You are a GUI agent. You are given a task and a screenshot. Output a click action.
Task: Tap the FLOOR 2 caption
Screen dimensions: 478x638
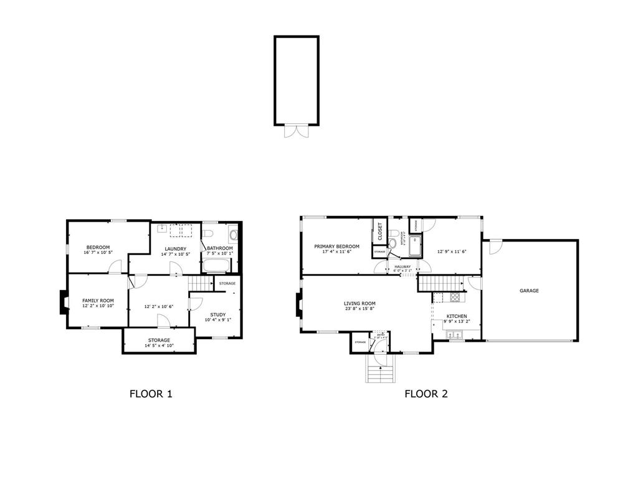[x=426, y=393]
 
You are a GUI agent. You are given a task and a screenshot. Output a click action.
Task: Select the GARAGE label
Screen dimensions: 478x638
[x=530, y=291]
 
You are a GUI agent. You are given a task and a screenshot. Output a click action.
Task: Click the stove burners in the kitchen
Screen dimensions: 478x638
[x=455, y=296]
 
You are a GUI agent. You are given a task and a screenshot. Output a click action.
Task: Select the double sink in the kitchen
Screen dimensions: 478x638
[x=454, y=335]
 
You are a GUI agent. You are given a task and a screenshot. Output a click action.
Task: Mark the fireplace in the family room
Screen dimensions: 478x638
[x=62, y=302]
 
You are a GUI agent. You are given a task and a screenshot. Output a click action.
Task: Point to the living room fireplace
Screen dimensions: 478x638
[x=297, y=306]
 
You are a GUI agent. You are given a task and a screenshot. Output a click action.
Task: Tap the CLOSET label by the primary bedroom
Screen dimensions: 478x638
[x=380, y=231]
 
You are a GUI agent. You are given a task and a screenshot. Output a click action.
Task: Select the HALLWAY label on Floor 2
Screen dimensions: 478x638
[x=402, y=266]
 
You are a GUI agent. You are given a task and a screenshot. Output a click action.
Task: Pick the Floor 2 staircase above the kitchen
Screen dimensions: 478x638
[x=439, y=284]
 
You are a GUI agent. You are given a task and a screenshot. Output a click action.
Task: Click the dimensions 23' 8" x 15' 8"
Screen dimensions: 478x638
[x=359, y=309]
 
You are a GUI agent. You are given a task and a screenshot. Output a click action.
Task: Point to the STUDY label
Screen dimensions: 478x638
[x=218, y=314]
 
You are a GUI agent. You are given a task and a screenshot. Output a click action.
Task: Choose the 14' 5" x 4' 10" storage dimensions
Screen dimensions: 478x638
[x=159, y=345]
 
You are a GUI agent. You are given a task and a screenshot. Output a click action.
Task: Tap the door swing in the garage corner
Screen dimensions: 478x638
[x=493, y=247]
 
